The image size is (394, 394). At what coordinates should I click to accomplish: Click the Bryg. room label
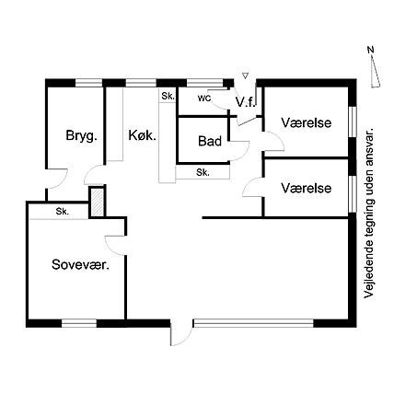(81, 135)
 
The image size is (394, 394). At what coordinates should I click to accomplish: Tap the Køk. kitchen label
(142, 135)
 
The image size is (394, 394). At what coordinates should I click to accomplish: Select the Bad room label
(210, 141)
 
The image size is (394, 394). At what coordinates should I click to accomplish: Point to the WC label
(204, 98)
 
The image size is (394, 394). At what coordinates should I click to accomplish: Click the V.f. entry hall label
(246, 102)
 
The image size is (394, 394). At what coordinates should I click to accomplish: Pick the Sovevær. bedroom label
(81, 264)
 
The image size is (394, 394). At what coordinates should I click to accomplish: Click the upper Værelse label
(307, 122)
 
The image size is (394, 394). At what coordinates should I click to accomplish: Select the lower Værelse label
(307, 188)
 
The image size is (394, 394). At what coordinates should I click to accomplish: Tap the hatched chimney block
(98, 203)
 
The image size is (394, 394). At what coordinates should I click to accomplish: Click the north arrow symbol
(374, 67)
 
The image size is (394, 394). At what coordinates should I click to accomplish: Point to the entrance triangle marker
(245, 75)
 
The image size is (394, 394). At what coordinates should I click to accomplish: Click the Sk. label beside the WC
(168, 96)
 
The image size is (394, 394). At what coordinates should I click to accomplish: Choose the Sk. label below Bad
(203, 172)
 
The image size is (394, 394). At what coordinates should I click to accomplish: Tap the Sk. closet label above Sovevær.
(63, 211)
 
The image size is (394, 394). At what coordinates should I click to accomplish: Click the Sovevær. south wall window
(79, 323)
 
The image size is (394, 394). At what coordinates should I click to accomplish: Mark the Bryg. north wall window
(89, 83)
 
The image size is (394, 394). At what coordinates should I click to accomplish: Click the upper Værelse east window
(353, 122)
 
